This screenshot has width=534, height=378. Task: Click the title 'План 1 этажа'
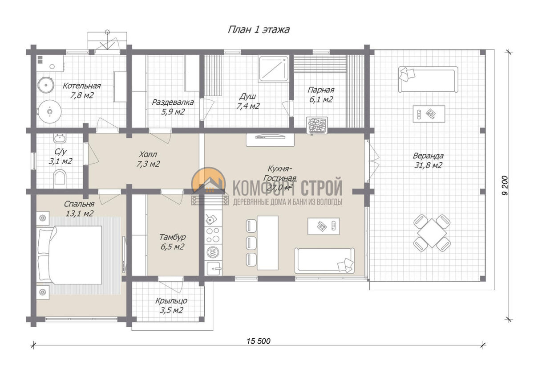tap(259, 30)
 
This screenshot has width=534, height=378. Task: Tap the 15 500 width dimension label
tap(259, 341)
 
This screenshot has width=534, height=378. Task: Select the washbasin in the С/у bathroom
tap(60, 138)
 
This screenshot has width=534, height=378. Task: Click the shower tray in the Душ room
tap(273, 69)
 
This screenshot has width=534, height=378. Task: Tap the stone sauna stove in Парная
tap(317, 125)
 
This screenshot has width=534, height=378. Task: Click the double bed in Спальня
tap(69, 255)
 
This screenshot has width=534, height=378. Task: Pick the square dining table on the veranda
tap(432, 233)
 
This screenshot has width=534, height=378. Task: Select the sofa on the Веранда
tap(428, 79)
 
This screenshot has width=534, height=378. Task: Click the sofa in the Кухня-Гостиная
tap(324, 261)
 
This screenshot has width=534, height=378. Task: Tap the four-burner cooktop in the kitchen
tap(213, 235)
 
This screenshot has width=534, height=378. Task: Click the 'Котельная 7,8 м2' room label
tap(81, 90)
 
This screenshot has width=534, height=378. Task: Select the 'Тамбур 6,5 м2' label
tap(172, 242)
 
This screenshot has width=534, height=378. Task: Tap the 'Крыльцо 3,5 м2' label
tap(171, 305)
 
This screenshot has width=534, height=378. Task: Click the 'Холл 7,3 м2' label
tap(148, 159)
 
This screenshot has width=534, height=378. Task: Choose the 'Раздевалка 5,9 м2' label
tap(173, 107)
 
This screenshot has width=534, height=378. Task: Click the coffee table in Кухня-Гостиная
tap(324, 226)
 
